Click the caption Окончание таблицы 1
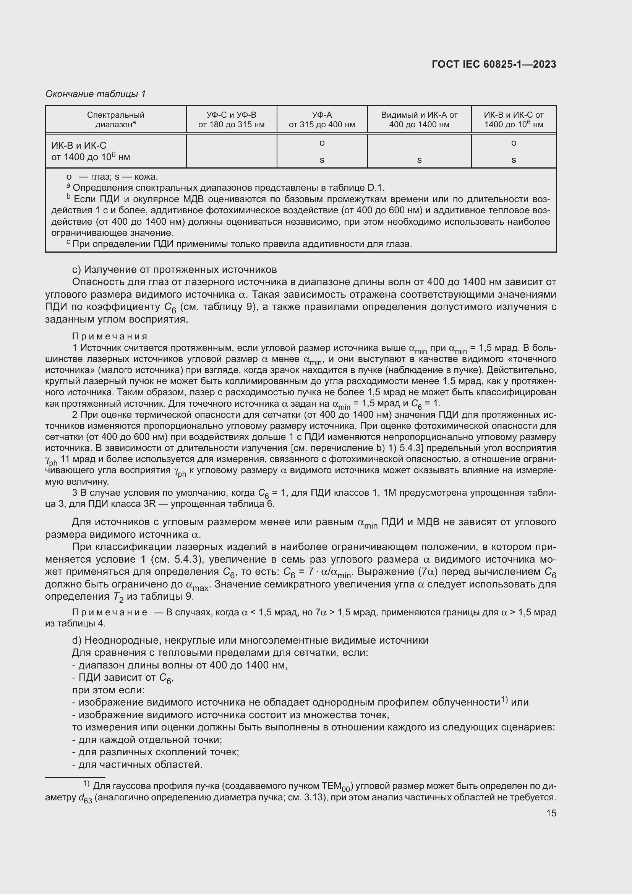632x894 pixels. [x=96, y=94]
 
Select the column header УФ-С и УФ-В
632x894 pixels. [x=231, y=120]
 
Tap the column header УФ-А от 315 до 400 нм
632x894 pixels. [x=321, y=120]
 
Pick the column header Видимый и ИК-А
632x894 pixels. [x=419, y=120]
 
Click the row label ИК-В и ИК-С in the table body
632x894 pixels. [x=90, y=151]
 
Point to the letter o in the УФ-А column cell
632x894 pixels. [x=322, y=143]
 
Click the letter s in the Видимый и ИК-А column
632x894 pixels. [x=419, y=160]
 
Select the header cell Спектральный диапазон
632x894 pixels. [x=115, y=120]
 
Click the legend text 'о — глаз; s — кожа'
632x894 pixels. [x=112, y=177]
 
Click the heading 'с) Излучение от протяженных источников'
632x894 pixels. [x=174, y=269]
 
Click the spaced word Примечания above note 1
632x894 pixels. [x=110, y=336]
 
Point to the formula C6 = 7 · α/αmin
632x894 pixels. [x=317, y=572]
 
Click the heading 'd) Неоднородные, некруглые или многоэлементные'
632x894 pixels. [x=250, y=640]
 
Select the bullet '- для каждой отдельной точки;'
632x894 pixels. [x=147, y=740]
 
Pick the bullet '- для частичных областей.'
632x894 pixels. [x=138, y=764]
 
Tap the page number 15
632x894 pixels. [x=551, y=813]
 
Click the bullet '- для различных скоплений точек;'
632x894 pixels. [x=156, y=752]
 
